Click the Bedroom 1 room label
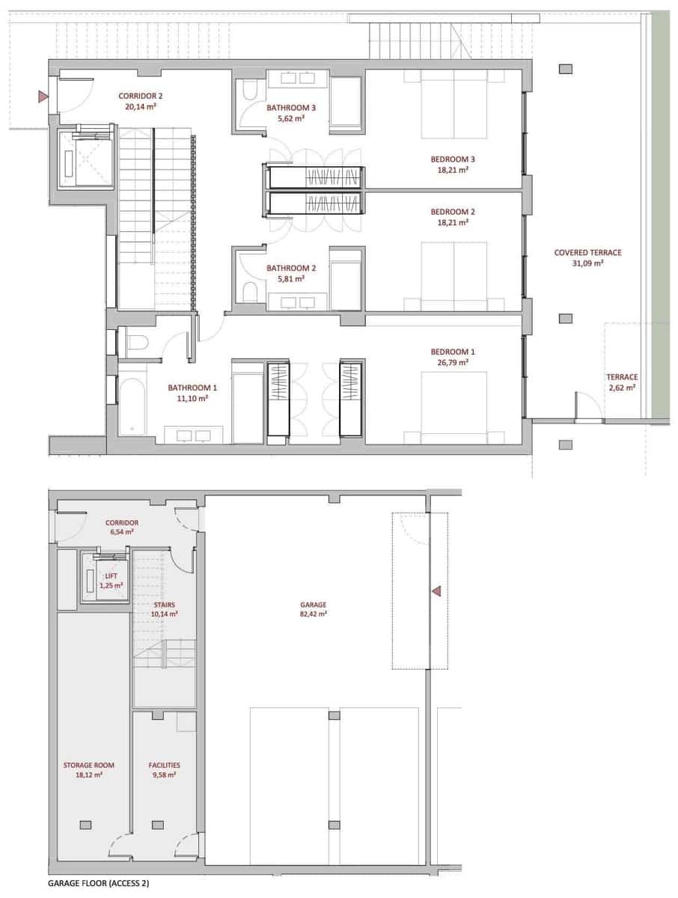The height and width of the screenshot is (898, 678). pos(452,352)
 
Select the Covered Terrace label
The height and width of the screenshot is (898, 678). pos(587,253)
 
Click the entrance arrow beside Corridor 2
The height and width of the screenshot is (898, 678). pos(43,96)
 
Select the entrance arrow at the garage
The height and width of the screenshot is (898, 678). pos(436,591)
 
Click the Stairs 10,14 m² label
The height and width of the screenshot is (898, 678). pos(165,608)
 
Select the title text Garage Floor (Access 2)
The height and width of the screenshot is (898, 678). pos(98,884)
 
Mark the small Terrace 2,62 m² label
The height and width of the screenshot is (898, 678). pos(621,382)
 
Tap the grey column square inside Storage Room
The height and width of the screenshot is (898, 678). pos(85,825)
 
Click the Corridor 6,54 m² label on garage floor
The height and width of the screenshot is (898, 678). pos(122,527)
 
